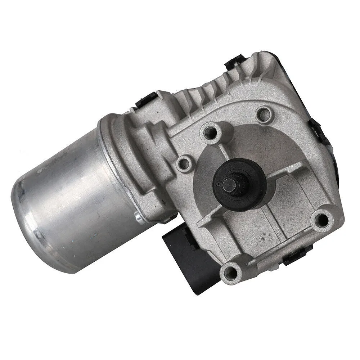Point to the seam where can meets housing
(x=108, y=151)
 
